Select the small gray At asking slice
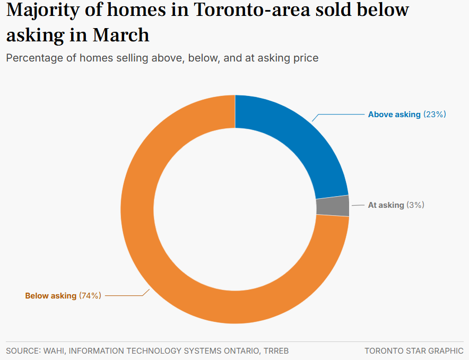pos(333,206)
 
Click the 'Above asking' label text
pos(394,115)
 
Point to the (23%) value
pos(435,115)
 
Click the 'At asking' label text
pos(386,205)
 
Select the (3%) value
pos(415,205)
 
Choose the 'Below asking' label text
pos(51,296)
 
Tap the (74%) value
pos(90,296)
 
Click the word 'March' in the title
pos(121,35)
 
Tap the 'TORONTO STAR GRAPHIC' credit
pos(414,351)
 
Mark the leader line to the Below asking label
pos(125,296)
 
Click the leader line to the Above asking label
pos(340,115)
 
